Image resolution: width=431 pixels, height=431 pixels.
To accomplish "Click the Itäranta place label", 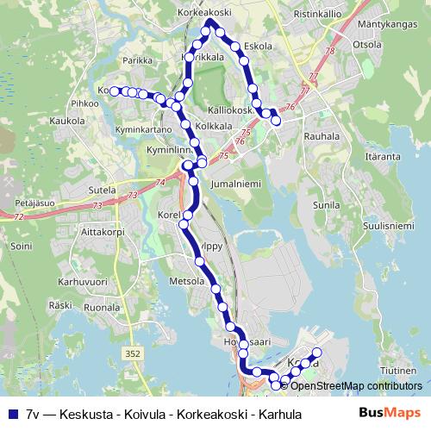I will coord(383,157).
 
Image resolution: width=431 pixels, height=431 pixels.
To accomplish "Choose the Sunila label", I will coord(326,205).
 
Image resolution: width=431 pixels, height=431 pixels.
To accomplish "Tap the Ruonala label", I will coord(102,306).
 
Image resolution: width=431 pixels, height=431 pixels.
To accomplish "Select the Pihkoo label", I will coord(85,103).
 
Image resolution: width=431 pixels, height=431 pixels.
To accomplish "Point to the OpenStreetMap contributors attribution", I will coord(356,385).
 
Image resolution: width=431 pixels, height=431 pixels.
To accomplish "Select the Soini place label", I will coord(21,246).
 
